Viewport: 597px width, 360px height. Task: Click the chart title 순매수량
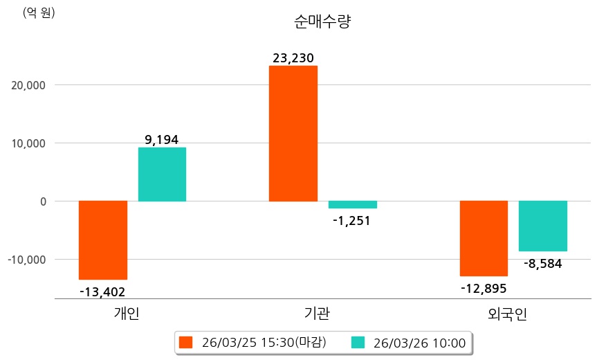[x=323, y=21]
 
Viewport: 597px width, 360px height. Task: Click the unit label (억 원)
[x=39, y=12]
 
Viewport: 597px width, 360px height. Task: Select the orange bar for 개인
[x=103, y=240]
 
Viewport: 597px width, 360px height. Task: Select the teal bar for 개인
[x=162, y=174]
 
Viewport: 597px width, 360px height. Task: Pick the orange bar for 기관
[x=293, y=134]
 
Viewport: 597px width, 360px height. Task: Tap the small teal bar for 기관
[x=352, y=204]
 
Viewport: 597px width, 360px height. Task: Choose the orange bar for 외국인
[x=484, y=238]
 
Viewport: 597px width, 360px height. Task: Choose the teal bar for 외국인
[x=543, y=226]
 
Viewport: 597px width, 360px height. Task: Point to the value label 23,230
[x=294, y=58]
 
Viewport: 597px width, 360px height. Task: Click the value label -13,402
[x=102, y=292]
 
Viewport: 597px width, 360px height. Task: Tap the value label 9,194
[x=161, y=140]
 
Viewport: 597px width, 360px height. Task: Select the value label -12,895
[x=484, y=288]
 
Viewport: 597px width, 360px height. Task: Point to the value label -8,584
[x=542, y=263]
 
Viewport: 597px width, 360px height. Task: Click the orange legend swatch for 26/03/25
[x=185, y=342]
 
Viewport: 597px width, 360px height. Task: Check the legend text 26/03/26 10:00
[x=419, y=342]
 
